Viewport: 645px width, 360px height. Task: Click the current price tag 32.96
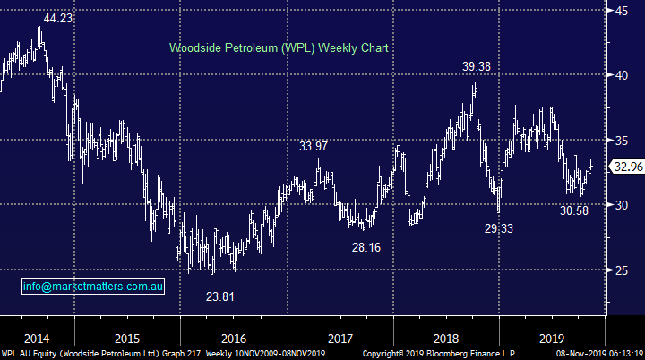[625, 166]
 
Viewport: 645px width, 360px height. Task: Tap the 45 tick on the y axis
[620, 10]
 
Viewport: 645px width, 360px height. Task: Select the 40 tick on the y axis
[620, 75]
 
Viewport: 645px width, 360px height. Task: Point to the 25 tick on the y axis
[620, 270]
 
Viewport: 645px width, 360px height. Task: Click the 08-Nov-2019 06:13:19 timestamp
[597, 353]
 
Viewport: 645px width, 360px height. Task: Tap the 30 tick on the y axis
[620, 205]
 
